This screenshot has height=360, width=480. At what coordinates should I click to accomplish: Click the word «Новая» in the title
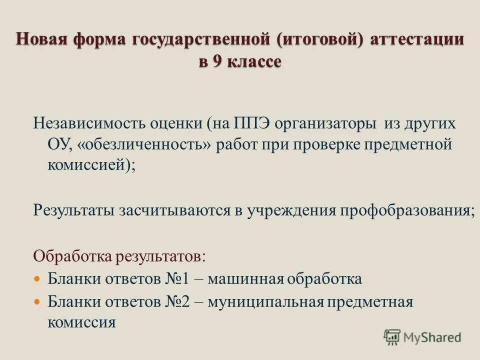(x=43, y=39)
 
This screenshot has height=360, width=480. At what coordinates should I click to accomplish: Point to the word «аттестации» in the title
(x=417, y=39)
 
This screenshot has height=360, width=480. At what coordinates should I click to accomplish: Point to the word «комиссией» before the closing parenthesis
(x=87, y=165)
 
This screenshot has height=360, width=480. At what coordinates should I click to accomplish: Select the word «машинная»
(x=240, y=278)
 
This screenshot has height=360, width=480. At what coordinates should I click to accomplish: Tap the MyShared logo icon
(x=391, y=336)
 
